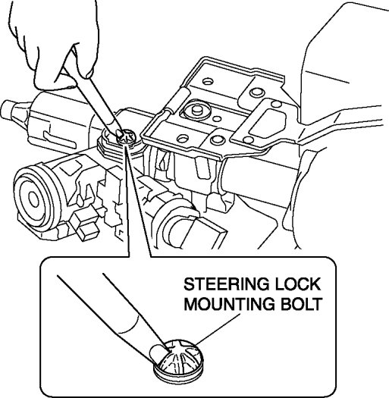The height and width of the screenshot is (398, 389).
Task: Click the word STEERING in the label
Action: pyautogui.click(x=226, y=284)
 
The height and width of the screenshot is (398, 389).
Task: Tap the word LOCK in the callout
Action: pyautogui.click(x=298, y=284)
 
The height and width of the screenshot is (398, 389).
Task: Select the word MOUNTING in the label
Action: pyautogui.click(x=229, y=303)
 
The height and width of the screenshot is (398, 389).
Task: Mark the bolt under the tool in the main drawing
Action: pyautogui.click(x=126, y=136)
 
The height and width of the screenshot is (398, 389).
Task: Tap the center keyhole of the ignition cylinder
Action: pyautogui.click(x=33, y=198)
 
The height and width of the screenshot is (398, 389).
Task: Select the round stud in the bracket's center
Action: pyautogui.click(x=196, y=110)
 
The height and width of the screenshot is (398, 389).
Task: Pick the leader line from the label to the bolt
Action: pyautogui.click(x=218, y=330)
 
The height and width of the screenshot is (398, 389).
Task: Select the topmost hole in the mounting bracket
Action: pyautogui.click(x=208, y=82)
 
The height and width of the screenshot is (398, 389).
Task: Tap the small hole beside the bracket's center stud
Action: pyautogui.click(x=216, y=118)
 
